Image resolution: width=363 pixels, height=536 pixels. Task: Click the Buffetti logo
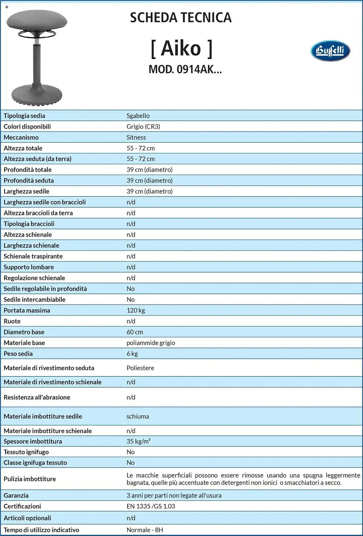[x=330, y=51]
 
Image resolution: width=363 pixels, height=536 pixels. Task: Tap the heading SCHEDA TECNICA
[x=181, y=18]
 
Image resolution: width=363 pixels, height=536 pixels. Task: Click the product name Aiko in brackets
[x=182, y=49]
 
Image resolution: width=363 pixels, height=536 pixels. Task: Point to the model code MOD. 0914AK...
[x=185, y=69]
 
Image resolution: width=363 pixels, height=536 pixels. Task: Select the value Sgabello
[x=138, y=116]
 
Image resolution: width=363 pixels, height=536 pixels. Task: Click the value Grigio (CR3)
[x=143, y=126]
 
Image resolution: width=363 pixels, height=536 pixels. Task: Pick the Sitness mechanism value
[x=136, y=137]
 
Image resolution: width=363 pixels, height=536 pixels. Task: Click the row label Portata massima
[x=27, y=310]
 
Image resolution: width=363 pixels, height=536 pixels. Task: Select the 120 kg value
[x=136, y=310]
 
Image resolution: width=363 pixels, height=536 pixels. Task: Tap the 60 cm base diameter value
[x=135, y=332]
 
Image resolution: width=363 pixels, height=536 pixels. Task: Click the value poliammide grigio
[x=151, y=343]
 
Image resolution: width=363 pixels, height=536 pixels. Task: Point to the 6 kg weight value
[x=132, y=354]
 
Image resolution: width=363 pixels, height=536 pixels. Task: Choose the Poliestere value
[x=140, y=368]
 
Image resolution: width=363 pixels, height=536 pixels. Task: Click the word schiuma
[x=138, y=416]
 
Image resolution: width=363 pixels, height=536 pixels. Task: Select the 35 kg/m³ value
[x=138, y=441]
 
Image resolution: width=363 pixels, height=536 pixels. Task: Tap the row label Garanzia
[x=16, y=496]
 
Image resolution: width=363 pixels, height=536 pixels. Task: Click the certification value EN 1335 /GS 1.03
[x=151, y=506]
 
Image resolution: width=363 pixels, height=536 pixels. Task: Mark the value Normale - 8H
[x=145, y=530]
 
